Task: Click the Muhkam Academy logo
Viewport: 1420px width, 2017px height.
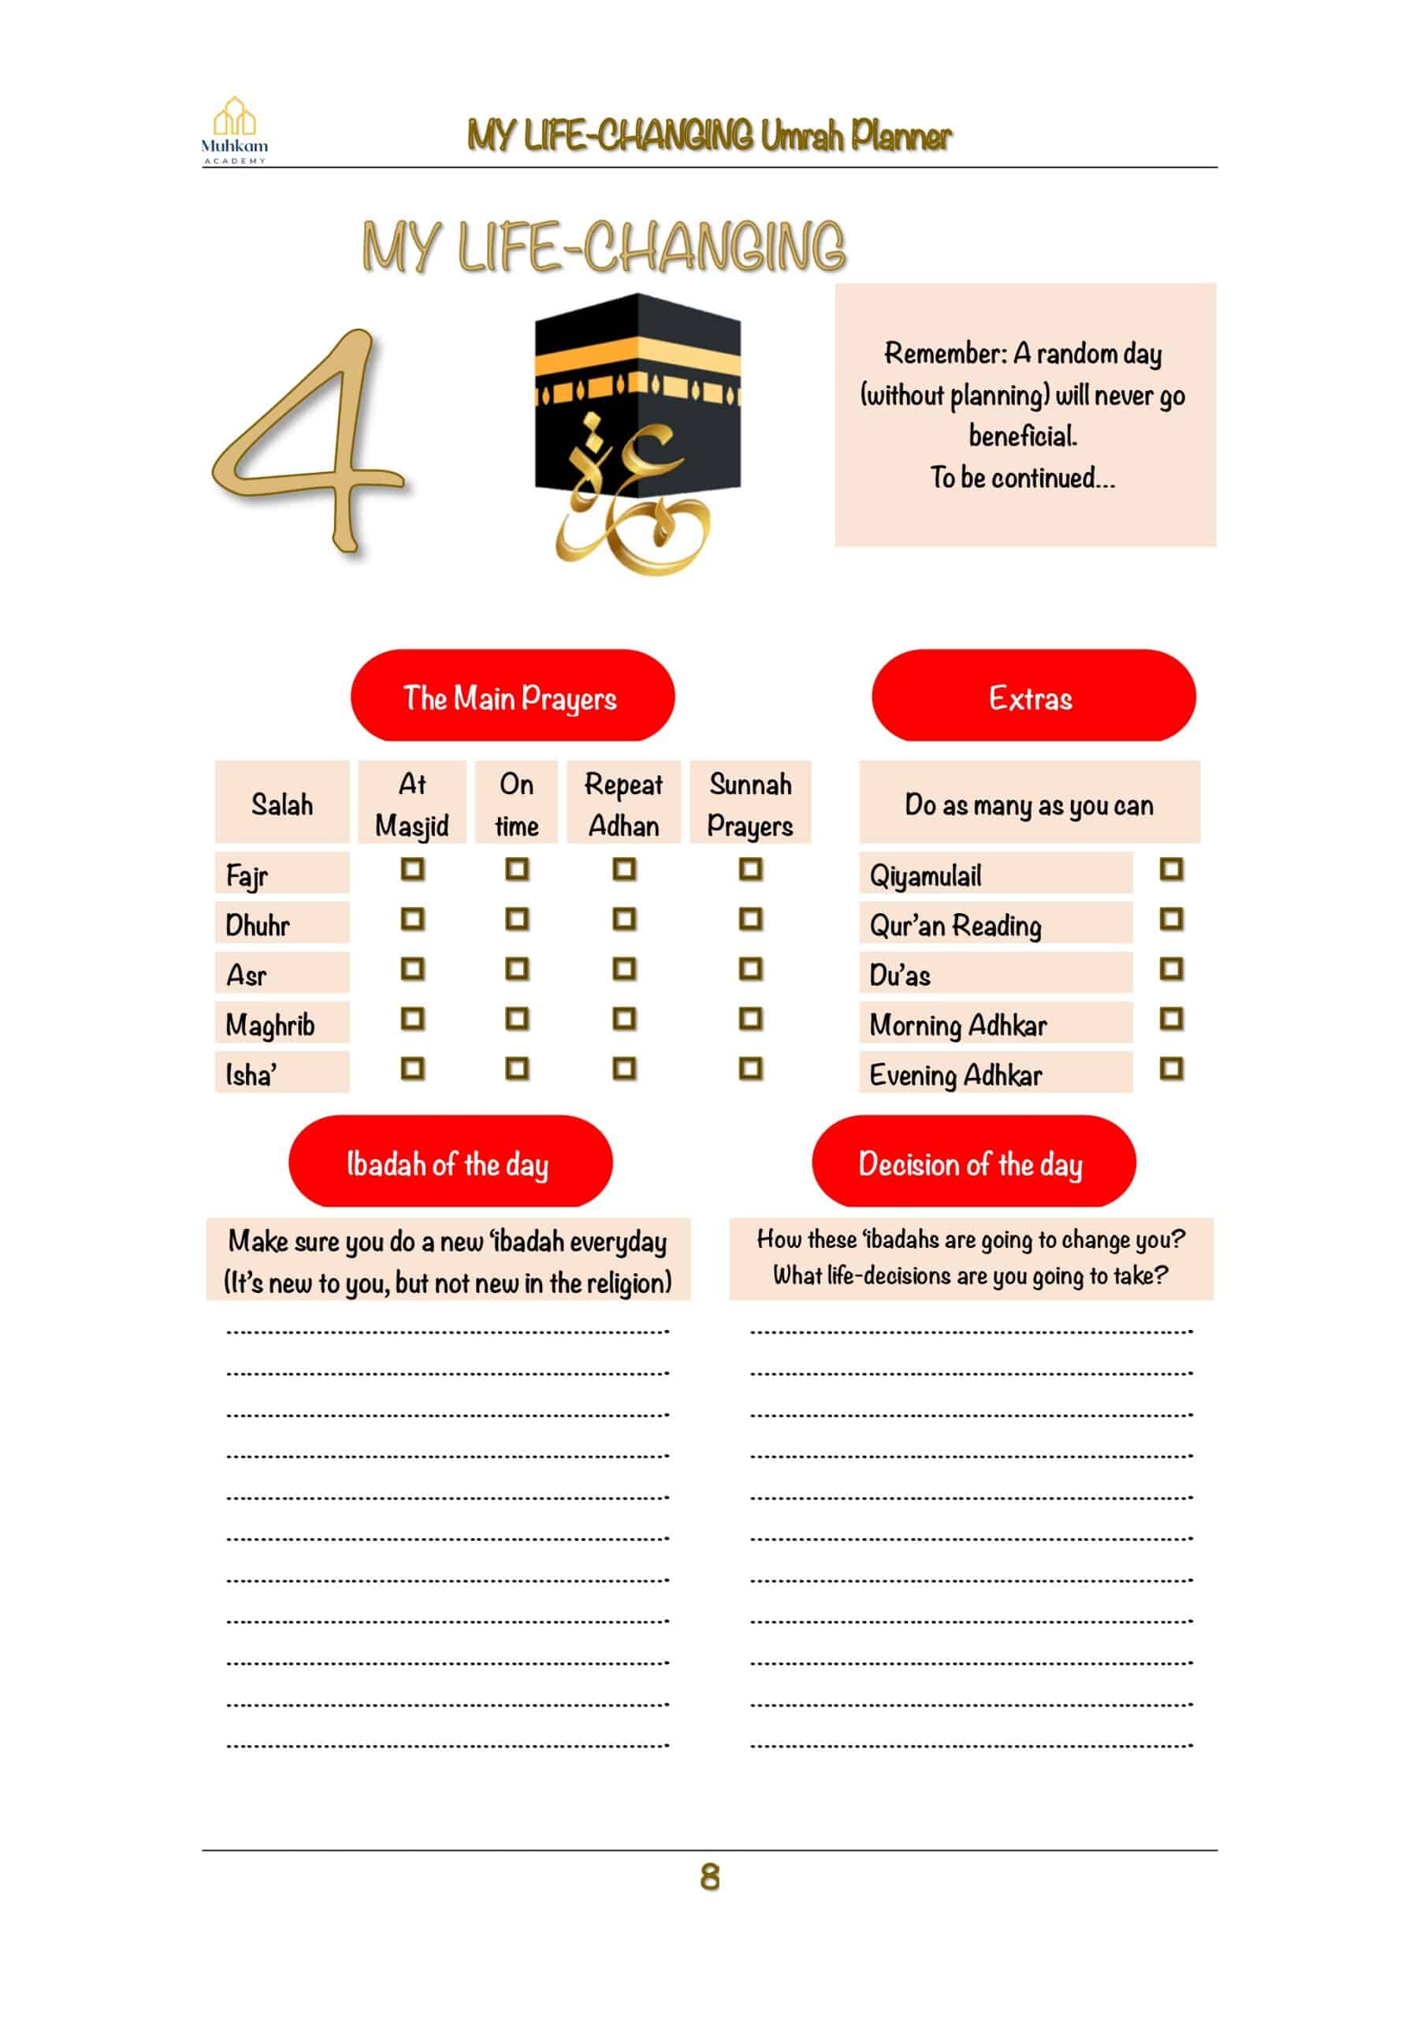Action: point(235,130)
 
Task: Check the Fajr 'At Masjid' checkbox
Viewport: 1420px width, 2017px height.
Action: point(412,869)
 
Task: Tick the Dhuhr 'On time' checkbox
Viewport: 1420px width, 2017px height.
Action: point(517,919)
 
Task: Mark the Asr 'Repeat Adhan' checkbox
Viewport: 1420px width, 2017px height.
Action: point(624,969)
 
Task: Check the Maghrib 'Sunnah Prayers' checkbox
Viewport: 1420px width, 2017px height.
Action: point(749,1019)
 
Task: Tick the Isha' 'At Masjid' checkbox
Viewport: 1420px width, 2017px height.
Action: point(412,1069)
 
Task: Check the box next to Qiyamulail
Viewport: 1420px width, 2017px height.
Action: point(1170,869)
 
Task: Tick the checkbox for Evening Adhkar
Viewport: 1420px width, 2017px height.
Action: point(1170,1069)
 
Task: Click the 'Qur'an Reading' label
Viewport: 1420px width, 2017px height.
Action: point(955,925)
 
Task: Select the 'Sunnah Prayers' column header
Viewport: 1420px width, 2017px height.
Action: point(749,804)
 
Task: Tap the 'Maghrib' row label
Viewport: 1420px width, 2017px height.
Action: point(270,1024)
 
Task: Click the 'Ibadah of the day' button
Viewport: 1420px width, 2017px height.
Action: point(450,1164)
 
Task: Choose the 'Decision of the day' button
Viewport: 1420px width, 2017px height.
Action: point(972,1164)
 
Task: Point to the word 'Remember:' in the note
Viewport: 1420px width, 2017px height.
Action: point(945,353)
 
